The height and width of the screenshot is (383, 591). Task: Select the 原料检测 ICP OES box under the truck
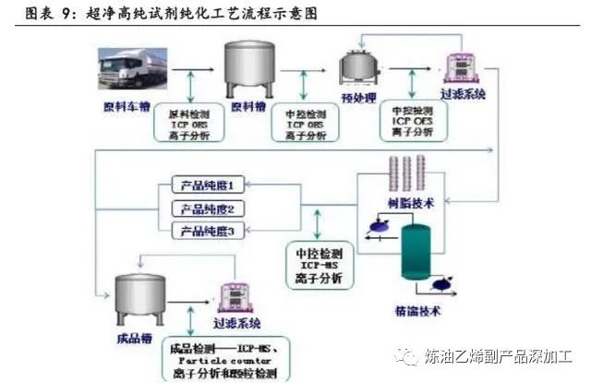pos(190,124)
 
